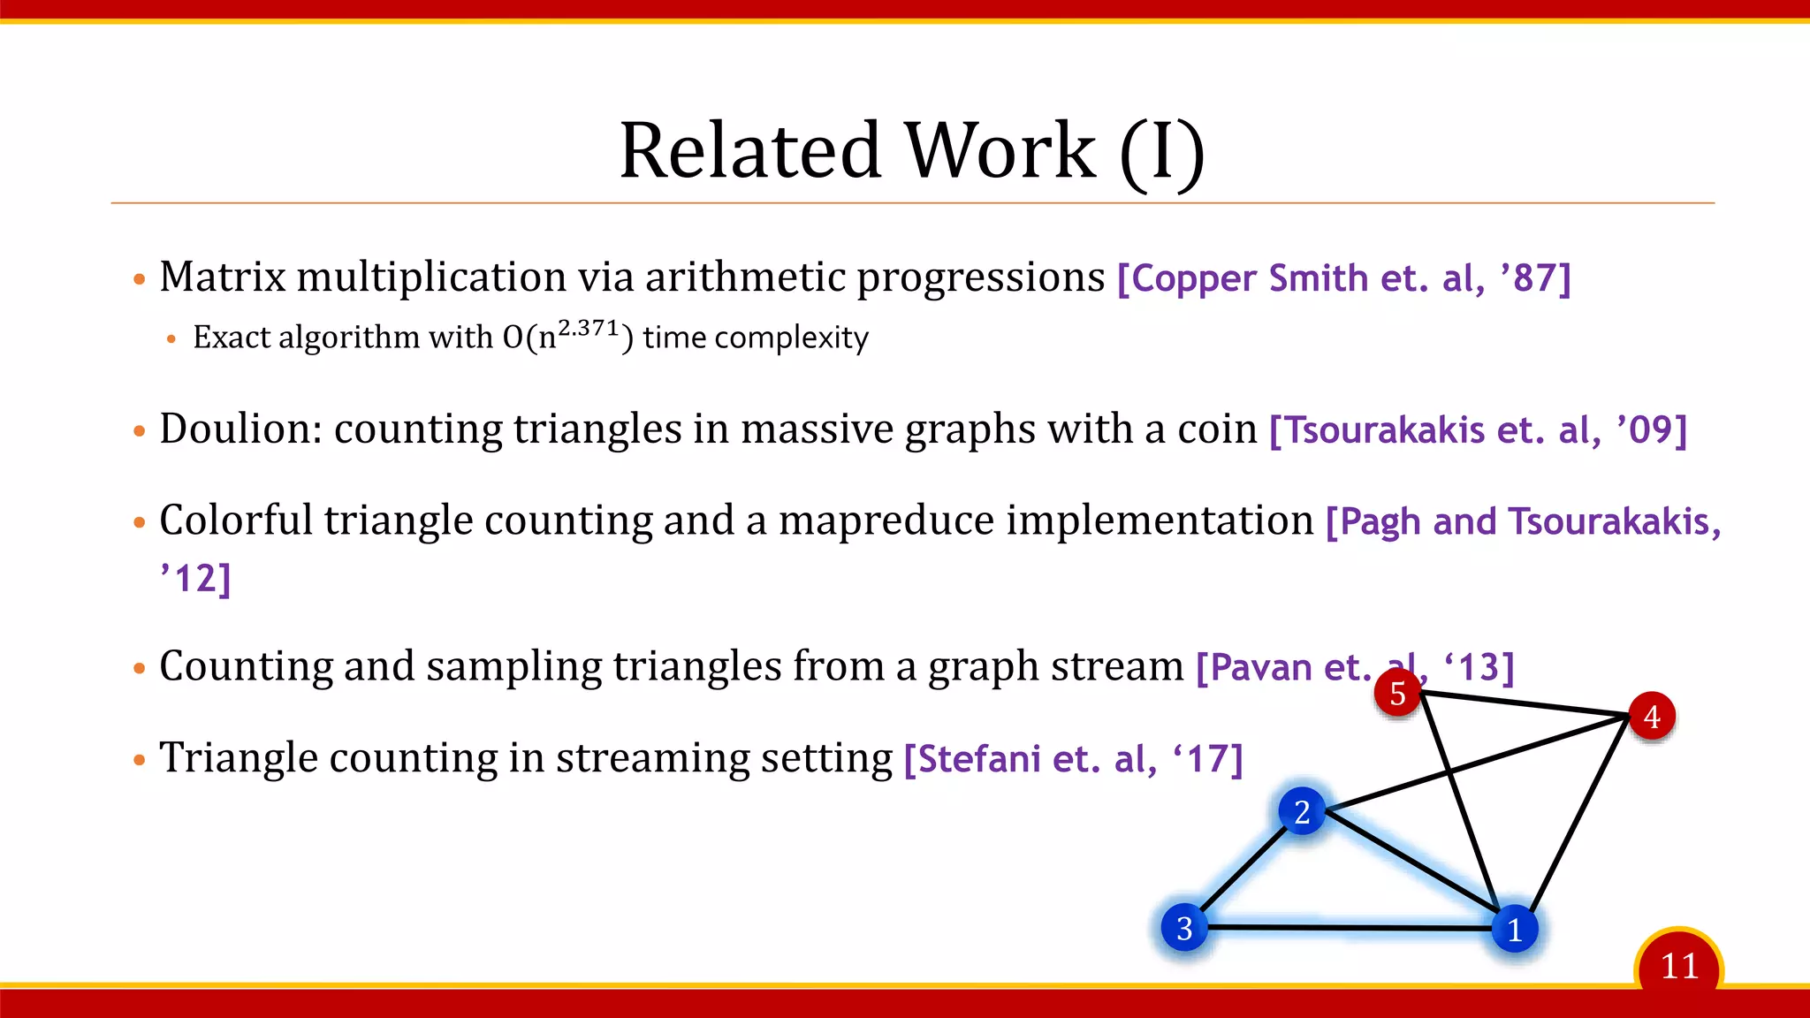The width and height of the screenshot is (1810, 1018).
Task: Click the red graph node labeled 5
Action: [x=1397, y=694]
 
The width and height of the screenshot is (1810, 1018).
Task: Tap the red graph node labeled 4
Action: [x=1651, y=717]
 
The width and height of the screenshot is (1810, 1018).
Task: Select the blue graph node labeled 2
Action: [x=1302, y=811]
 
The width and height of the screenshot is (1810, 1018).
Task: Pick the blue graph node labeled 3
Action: [x=1184, y=928]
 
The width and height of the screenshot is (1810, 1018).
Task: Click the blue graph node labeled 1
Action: [x=1515, y=930]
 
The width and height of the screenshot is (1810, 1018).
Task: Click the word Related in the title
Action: [x=750, y=150]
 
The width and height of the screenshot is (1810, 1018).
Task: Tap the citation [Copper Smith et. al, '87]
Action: [x=1343, y=278]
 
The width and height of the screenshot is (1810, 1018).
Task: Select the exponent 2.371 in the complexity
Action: [x=589, y=328]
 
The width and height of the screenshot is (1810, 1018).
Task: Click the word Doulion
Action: [x=240, y=429]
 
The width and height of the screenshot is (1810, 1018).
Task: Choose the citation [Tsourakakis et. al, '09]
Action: [x=1478, y=430]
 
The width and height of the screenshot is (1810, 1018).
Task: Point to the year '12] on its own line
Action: [x=195, y=579]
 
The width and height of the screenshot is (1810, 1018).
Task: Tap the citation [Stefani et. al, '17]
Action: [x=1073, y=759]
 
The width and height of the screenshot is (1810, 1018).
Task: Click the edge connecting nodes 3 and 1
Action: [x=1350, y=928]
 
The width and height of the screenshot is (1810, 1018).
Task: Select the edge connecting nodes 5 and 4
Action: [x=1525, y=704]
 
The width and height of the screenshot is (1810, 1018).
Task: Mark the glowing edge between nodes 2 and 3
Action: [x=1243, y=870]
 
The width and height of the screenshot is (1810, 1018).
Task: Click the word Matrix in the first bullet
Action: [x=223, y=277]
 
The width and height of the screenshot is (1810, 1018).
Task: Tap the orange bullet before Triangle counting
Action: [x=139, y=760]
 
